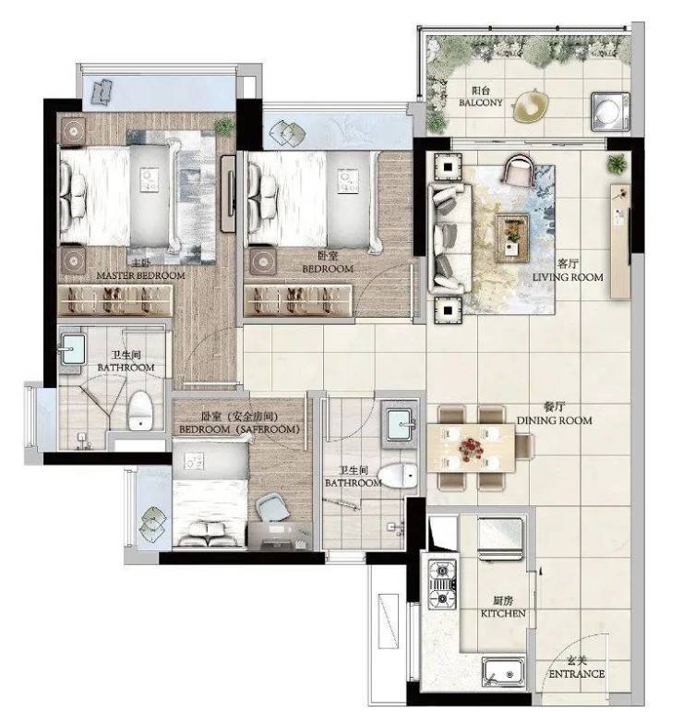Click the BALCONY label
[x=481, y=103]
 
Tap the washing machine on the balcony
[x=610, y=112]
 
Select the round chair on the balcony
[x=530, y=106]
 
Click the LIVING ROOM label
[x=568, y=277]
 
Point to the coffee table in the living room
[x=512, y=238]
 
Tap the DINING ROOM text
[x=554, y=420]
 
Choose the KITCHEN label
[x=503, y=613]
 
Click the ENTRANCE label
[x=576, y=674]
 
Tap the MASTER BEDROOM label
[x=140, y=275]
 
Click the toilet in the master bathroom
[x=140, y=411]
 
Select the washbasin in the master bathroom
[x=73, y=349]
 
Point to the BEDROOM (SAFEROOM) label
[x=239, y=429]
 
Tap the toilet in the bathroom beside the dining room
[x=398, y=476]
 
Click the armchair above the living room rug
[x=520, y=171]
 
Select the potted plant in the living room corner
[x=617, y=164]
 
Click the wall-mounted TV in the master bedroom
[x=228, y=194]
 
